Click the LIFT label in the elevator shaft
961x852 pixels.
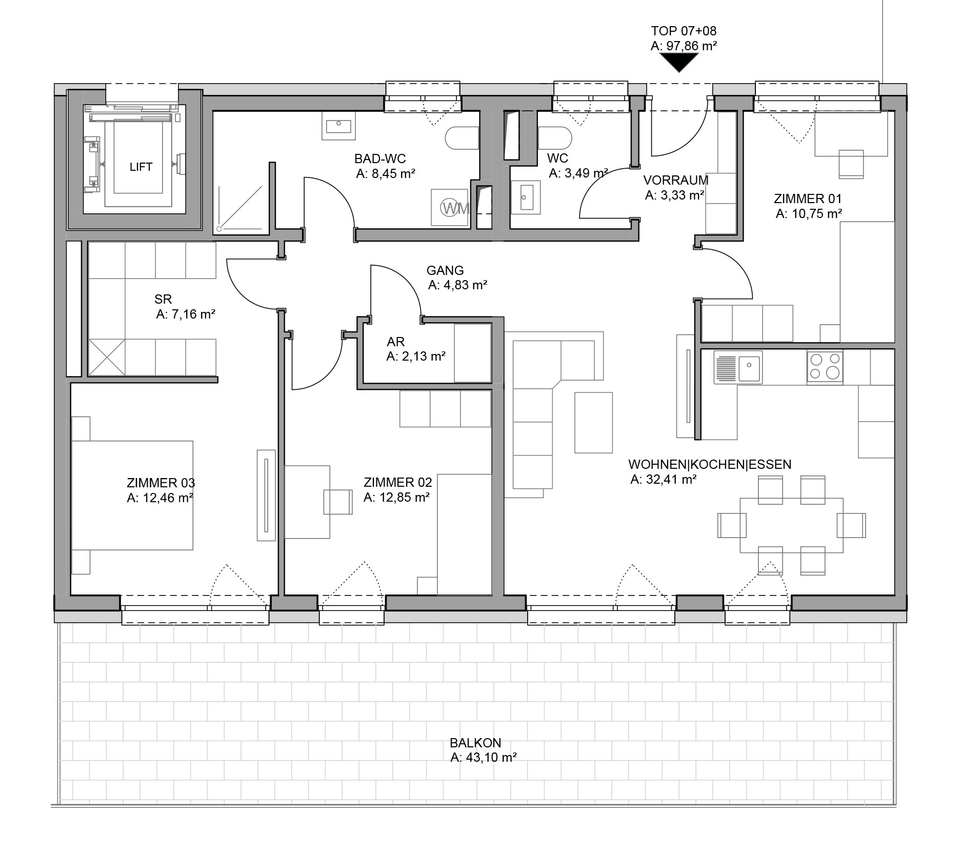[141, 167]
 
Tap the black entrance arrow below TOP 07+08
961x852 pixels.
[679, 63]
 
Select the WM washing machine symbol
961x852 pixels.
[450, 207]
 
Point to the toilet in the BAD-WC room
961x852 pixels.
[462, 138]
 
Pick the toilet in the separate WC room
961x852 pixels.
[555, 138]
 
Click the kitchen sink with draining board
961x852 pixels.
[738, 367]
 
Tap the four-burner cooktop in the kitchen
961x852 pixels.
[825, 366]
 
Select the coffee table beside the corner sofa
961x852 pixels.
[593, 423]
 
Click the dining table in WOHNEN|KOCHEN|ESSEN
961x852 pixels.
[791, 525]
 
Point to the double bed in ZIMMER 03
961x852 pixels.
[132, 495]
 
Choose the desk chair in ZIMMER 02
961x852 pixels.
[337, 501]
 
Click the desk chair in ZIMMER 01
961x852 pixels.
[851, 164]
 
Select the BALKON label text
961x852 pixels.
[475, 743]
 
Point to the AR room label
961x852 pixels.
[396, 342]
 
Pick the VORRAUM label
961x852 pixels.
[676, 180]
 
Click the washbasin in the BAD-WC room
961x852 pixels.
[338, 125]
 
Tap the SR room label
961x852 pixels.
[163, 299]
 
